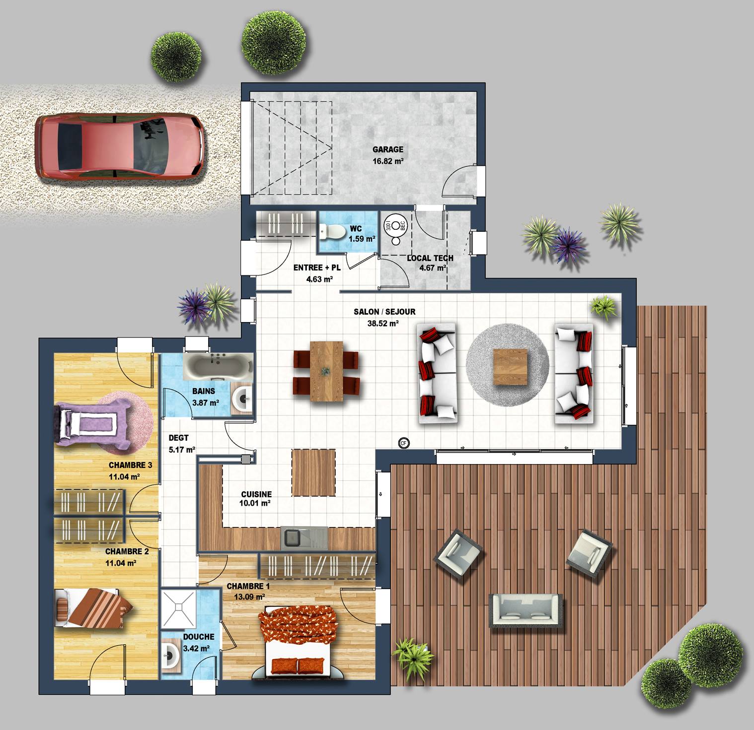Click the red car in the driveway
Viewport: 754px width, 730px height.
[119, 146]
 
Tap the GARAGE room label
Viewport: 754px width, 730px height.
[388, 149]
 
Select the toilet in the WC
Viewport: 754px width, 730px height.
[333, 230]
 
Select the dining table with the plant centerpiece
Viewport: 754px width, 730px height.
[326, 371]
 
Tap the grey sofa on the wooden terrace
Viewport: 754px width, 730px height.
[526, 610]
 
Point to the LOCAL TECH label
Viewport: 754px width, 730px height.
[430, 258]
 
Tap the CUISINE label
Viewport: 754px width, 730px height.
[256, 494]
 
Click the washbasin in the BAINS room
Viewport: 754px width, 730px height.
[242, 398]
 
